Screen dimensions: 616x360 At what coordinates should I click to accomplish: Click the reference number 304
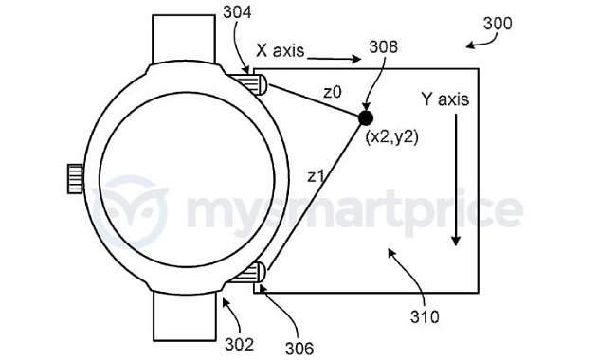237,12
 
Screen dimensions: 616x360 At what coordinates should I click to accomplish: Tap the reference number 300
498,24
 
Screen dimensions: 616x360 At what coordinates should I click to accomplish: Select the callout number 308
384,46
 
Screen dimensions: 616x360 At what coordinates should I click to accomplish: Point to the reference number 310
425,316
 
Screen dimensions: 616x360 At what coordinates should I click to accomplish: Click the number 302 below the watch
239,344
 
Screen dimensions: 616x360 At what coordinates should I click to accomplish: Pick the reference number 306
299,349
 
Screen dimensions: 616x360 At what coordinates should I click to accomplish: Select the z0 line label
333,93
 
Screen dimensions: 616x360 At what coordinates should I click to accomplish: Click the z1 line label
316,176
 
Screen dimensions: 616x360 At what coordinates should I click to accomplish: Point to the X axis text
281,50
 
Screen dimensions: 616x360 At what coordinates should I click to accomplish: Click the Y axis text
444,99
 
